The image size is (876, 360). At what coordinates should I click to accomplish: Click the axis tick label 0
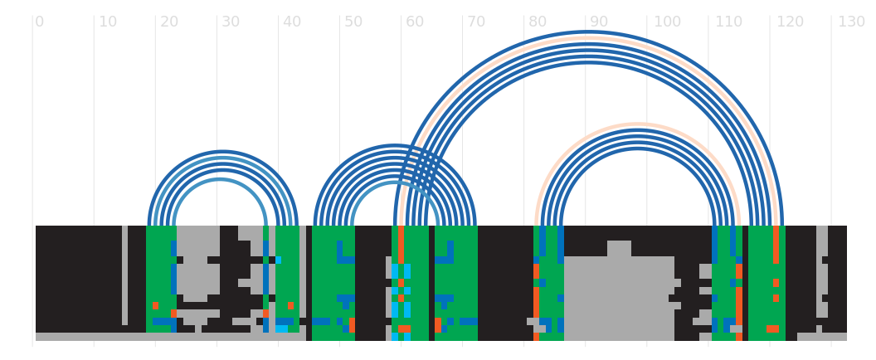[x=39, y=22]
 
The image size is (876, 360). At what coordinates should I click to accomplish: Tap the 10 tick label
[x=108, y=22]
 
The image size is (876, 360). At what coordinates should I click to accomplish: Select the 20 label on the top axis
[x=169, y=22]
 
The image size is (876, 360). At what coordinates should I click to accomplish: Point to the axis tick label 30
[x=231, y=22]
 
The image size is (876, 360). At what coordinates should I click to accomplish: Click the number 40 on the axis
[x=292, y=22]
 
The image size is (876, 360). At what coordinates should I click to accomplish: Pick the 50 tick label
[x=353, y=22]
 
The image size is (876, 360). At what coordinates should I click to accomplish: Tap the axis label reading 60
[x=415, y=22]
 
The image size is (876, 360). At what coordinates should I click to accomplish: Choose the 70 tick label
[x=476, y=22]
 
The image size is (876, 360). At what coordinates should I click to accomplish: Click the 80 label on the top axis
[x=538, y=22]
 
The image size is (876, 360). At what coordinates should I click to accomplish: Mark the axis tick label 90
[x=599, y=22]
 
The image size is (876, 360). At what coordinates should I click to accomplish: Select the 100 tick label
[x=667, y=22]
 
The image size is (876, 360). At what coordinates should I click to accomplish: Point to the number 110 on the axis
[x=728, y=22]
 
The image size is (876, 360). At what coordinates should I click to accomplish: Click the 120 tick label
[x=790, y=22]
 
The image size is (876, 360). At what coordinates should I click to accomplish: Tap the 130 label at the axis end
[x=851, y=22]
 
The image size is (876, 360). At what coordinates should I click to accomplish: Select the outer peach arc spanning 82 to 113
[x=638, y=124]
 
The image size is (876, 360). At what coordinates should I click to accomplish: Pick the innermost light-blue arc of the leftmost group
[x=219, y=180]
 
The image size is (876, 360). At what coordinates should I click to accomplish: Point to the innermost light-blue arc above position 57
[x=394, y=182]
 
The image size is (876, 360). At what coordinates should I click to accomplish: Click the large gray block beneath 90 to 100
[x=618, y=299]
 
